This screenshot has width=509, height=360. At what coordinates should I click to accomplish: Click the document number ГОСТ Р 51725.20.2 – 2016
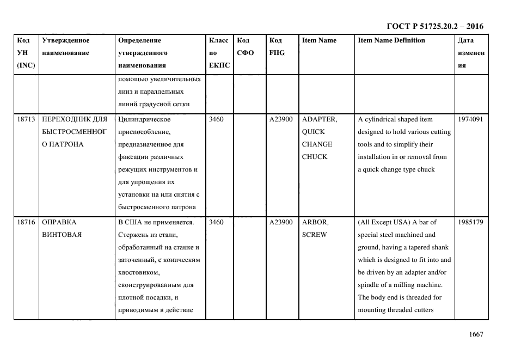coord(434,26)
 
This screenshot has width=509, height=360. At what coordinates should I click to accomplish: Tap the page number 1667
coord(476,334)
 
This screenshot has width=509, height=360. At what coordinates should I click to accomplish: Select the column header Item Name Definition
coord(391,40)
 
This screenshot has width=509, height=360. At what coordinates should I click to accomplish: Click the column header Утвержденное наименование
coord(65,46)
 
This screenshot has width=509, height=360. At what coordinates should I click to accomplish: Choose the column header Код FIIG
coord(277,46)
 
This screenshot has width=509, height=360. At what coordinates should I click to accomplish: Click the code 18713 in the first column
coord(26,119)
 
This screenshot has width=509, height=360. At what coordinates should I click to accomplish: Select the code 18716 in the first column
coord(26,222)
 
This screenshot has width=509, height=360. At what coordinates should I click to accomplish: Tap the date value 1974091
coord(470,119)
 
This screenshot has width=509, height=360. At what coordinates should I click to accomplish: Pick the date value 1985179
coord(470,222)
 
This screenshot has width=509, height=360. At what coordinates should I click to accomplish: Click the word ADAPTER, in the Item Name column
coord(320,119)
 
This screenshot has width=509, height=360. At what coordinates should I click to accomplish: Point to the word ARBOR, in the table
coord(315,222)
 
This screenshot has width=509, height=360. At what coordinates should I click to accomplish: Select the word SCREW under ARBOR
coord(315,235)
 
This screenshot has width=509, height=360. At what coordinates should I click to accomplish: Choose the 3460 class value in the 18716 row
coord(217,222)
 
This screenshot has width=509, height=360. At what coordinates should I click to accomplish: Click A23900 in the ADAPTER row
coord(281,119)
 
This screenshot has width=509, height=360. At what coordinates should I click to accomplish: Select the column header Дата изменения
coord(471,53)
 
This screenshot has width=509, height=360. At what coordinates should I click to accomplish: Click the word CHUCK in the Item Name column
coord(315,157)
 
